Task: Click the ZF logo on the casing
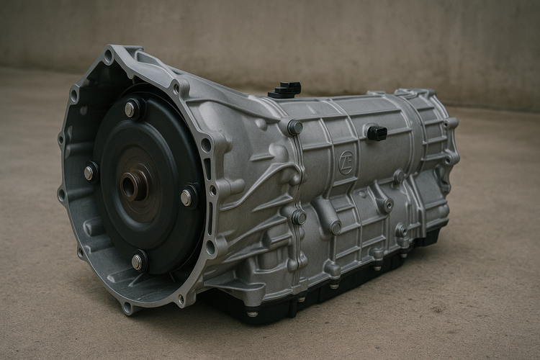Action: click(x=346, y=163)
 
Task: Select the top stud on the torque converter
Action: click(x=131, y=109)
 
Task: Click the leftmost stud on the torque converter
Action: click(x=89, y=172)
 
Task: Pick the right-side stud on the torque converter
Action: click(x=187, y=197)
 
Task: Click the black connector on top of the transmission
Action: click(x=286, y=89)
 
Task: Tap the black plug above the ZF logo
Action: click(x=377, y=132)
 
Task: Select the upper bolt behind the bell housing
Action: click(x=294, y=127)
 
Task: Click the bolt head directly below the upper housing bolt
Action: click(x=298, y=217)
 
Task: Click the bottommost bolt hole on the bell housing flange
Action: click(x=127, y=307)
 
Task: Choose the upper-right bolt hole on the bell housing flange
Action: click(x=177, y=87)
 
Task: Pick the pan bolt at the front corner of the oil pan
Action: click(x=251, y=313)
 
